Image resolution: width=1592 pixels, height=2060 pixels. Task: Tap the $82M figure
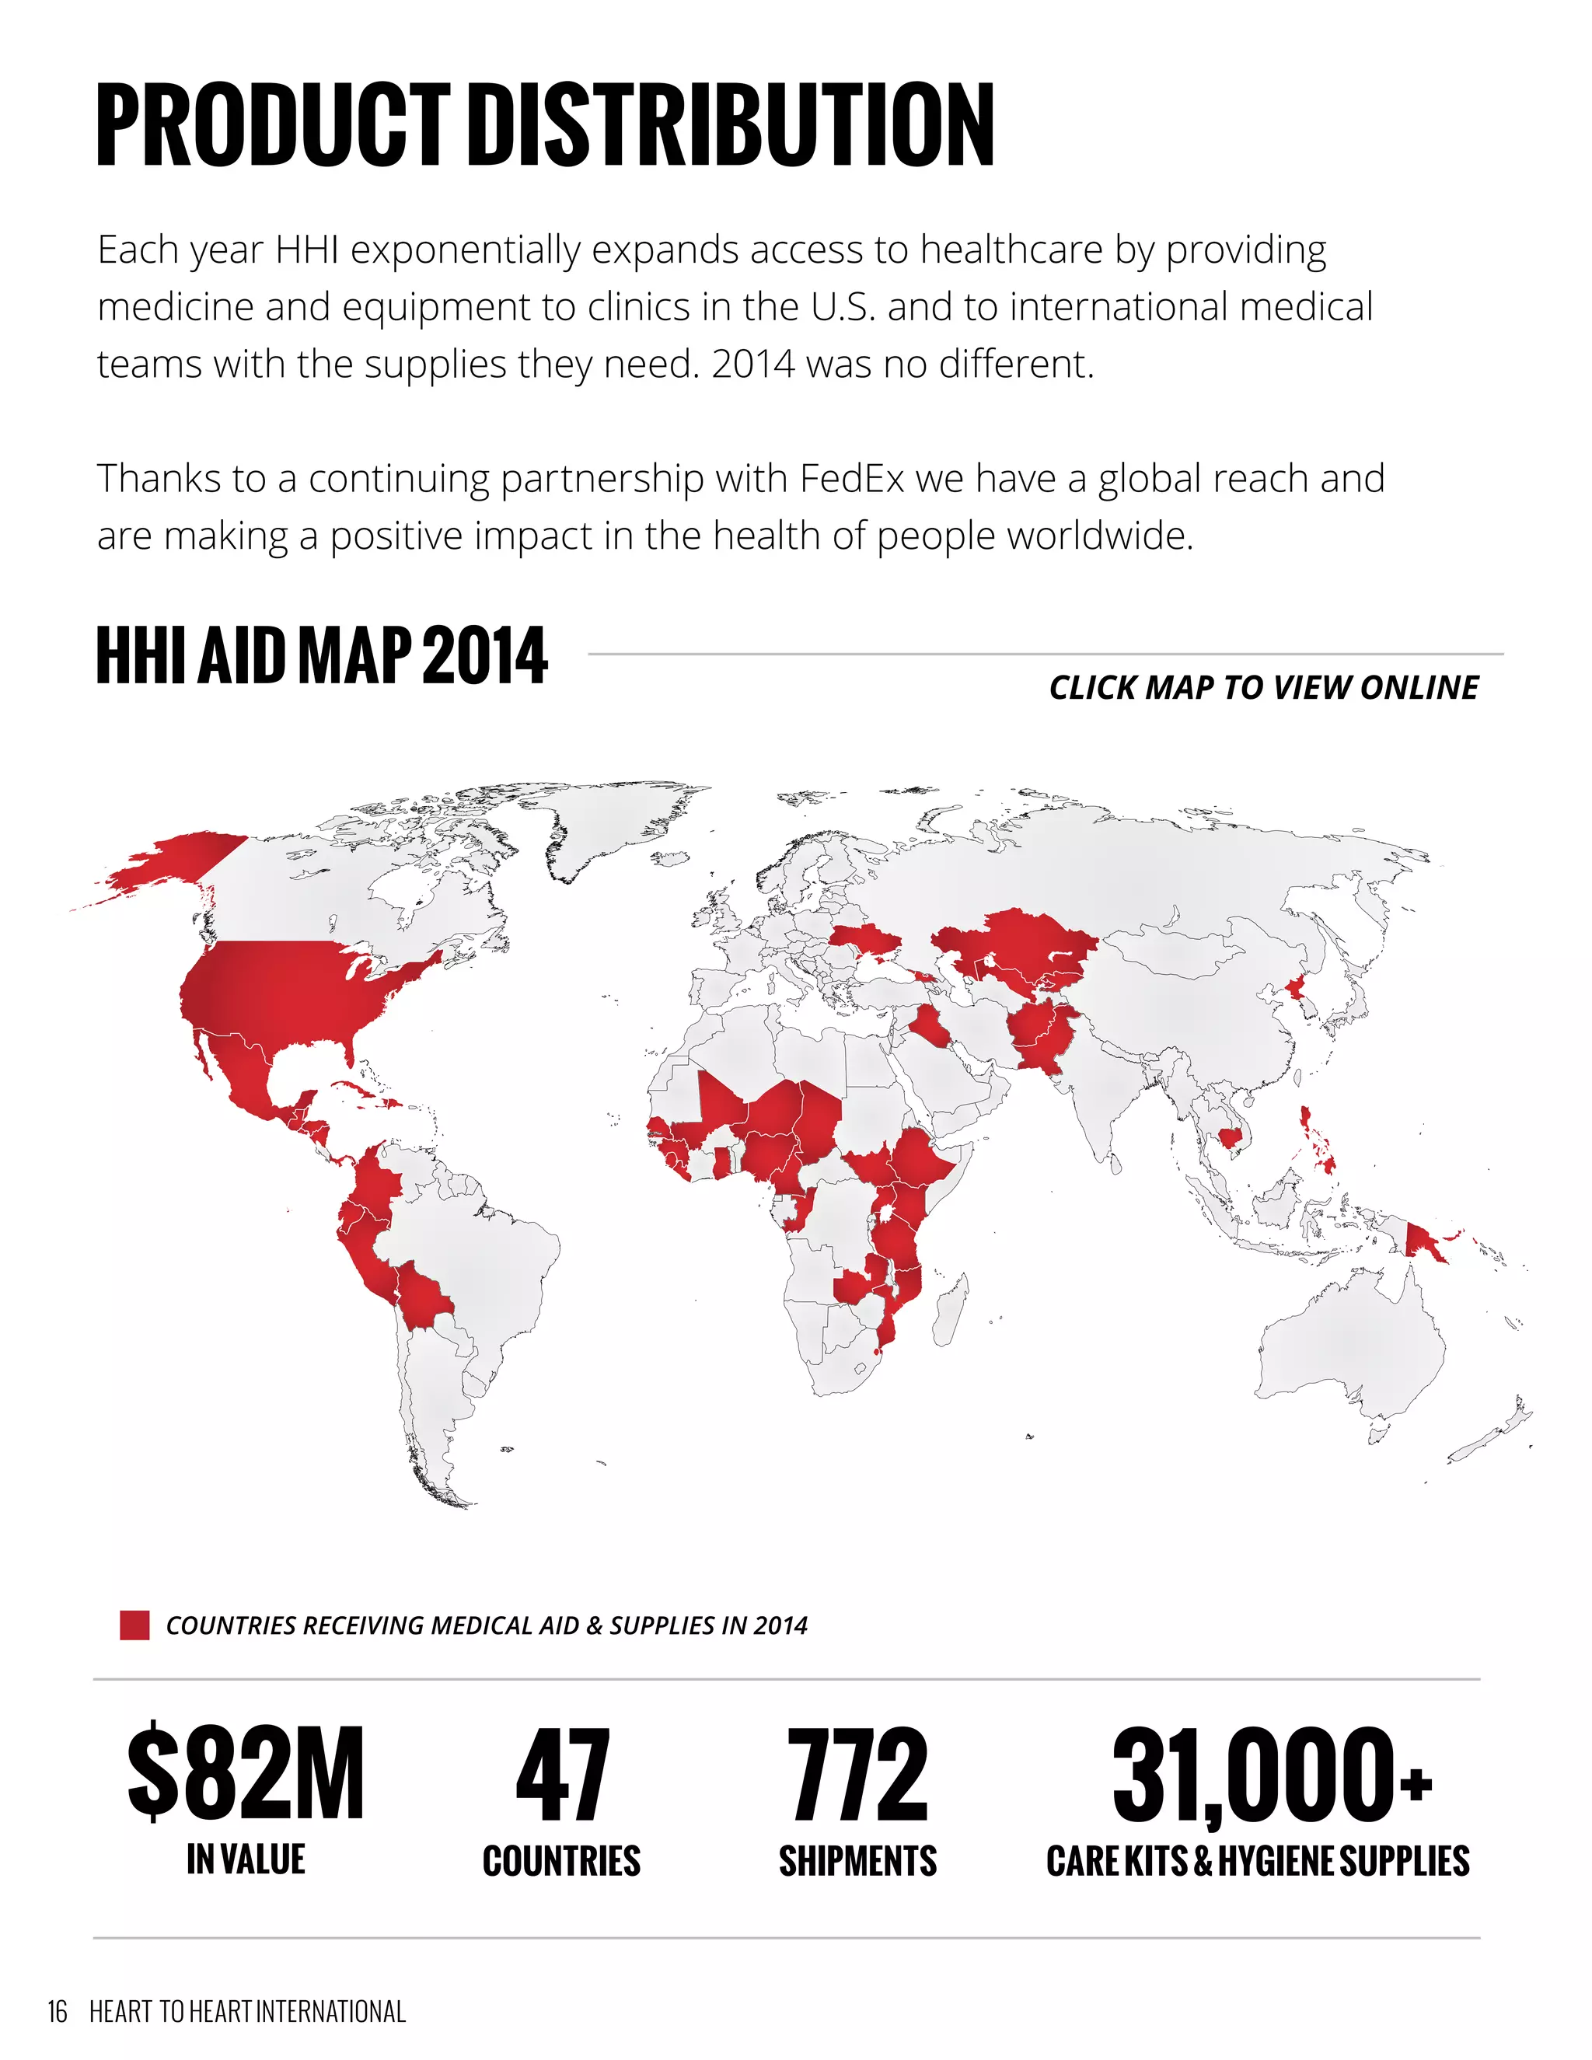[x=245, y=1773]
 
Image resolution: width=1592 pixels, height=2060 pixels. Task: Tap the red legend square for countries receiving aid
[x=134, y=1625]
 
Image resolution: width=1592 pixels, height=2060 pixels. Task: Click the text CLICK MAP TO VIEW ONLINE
[x=1263, y=688]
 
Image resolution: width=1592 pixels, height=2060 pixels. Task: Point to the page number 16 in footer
[x=58, y=2011]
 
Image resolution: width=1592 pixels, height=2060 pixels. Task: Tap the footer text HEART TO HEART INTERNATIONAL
[x=247, y=2011]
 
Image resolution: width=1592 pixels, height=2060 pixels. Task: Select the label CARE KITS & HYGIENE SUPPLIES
[x=1257, y=1861]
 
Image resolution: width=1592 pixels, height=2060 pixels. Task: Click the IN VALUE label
[x=245, y=1859]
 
